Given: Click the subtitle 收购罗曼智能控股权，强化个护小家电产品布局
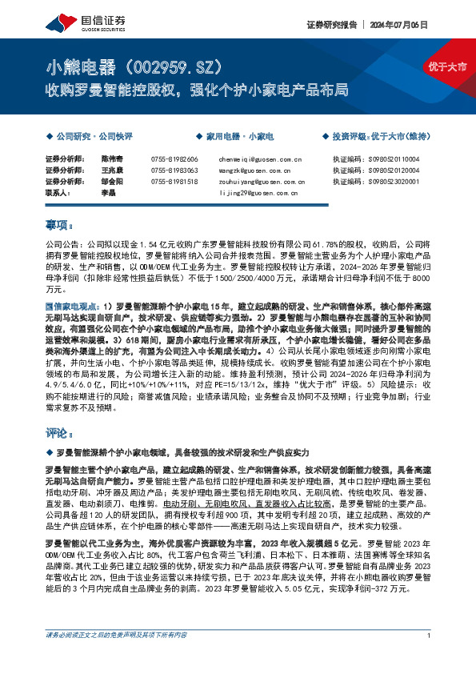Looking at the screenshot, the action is [197, 88].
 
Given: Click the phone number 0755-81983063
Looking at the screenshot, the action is [174, 171].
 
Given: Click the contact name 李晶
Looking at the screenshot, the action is [108, 192].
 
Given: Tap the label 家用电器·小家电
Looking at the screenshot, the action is [240, 138].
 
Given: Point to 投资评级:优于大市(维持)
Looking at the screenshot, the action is [381, 138].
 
